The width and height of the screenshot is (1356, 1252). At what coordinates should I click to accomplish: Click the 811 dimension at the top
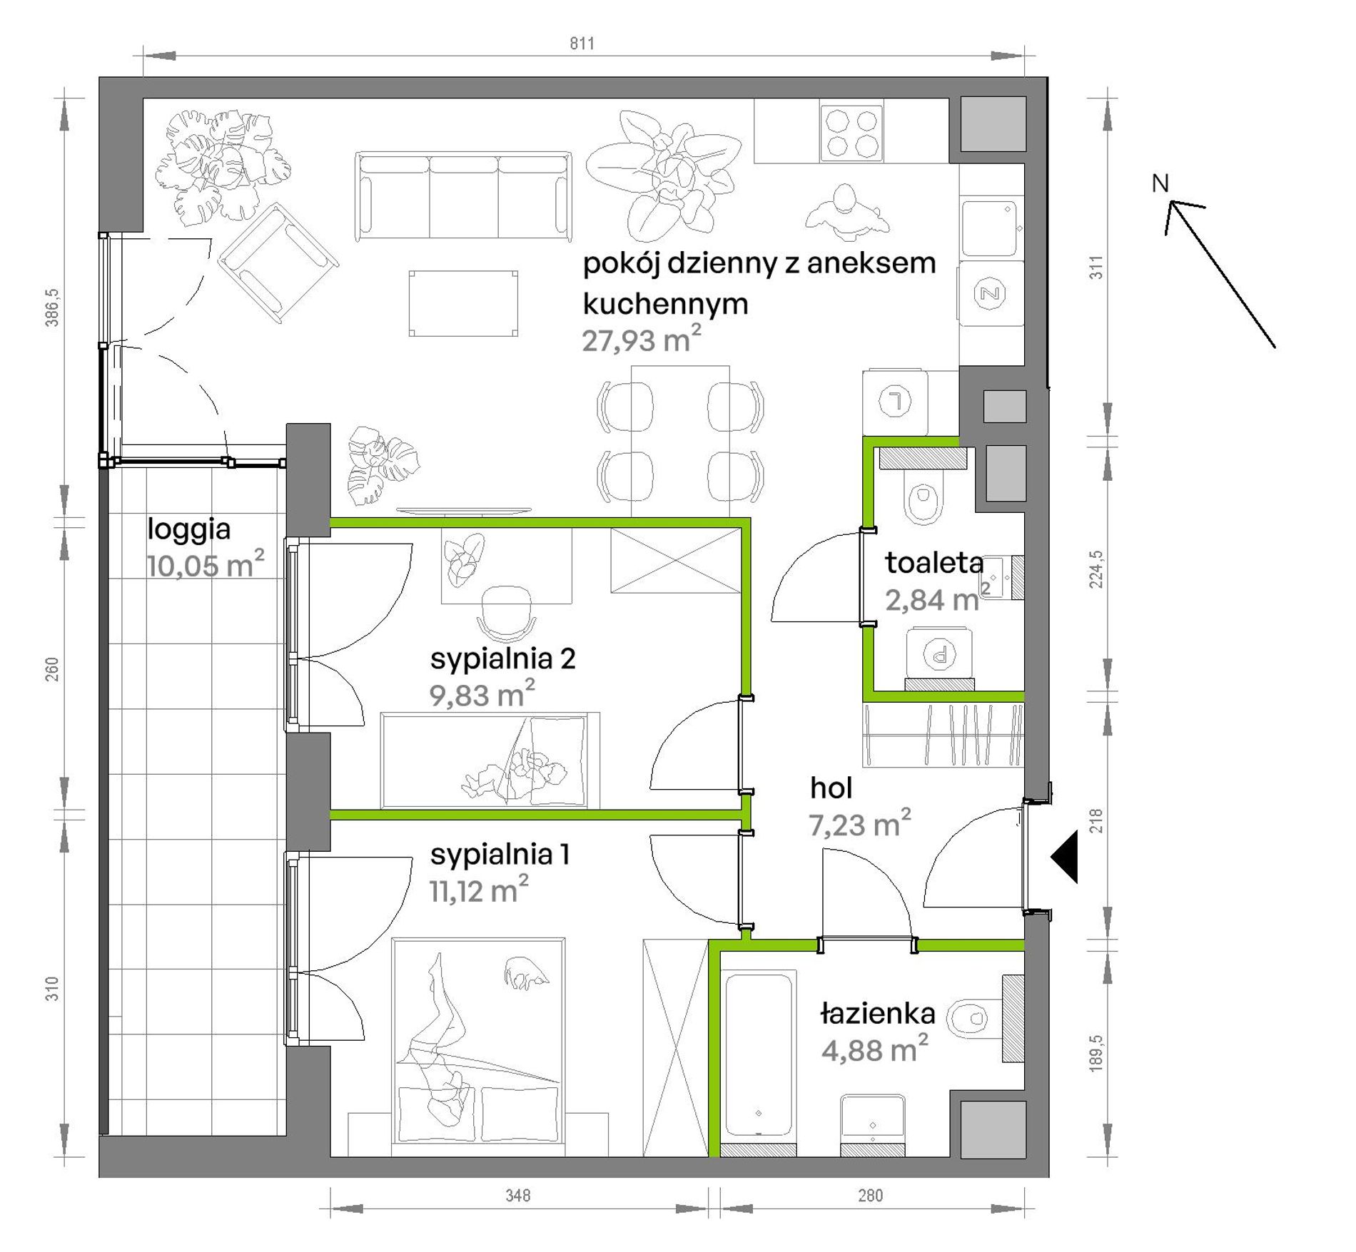coord(582,44)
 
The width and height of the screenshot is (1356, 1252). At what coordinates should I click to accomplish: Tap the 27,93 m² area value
coord(642,340)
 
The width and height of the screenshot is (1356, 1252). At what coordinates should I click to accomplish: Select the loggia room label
coord(189,530)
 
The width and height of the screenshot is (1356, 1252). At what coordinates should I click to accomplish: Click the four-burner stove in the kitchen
coord(851,133)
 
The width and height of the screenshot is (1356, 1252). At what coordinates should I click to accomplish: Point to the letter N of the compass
coord(1160,183)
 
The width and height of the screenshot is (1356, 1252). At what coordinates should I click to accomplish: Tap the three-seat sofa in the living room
coord(463,195)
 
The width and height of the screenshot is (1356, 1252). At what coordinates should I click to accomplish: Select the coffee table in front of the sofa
coord(463,303)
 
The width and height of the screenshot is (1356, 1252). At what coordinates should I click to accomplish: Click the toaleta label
coord(934,563)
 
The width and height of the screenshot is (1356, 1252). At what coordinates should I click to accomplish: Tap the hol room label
coord(831,788)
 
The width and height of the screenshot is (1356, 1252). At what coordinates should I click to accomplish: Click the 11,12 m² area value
coord(479,890)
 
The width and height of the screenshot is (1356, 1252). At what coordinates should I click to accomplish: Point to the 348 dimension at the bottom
coord(518,1195)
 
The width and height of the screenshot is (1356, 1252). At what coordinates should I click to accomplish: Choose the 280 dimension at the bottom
coord(870,1195)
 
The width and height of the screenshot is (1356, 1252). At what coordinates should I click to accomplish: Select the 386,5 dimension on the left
coord(52,307)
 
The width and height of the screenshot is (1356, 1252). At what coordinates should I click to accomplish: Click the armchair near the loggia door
coord(278,263)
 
